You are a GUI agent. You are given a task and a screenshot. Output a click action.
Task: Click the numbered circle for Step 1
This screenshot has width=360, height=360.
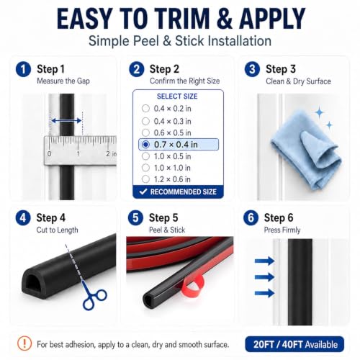click(x=23, y=69)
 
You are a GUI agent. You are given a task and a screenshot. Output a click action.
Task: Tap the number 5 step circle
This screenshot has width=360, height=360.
click(x=135, y=218)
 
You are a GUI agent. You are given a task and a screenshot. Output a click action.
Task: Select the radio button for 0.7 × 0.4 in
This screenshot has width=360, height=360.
click(x=145, y=145)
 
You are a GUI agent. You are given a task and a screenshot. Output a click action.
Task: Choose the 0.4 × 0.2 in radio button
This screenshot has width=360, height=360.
click(x=145, y=109)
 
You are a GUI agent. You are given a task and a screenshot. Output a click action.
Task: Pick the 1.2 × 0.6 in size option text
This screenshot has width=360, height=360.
click(x=172, y=179)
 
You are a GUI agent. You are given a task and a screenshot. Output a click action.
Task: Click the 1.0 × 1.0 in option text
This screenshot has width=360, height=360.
click(x=172, y=168)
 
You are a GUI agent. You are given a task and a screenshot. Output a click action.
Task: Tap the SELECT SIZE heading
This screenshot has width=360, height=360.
click(x=177, y=96)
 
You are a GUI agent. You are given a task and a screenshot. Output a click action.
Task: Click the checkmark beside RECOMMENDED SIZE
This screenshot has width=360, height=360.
click(x=143, y=192)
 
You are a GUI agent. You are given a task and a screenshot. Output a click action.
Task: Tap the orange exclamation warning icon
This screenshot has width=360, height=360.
click(x=24, y=343)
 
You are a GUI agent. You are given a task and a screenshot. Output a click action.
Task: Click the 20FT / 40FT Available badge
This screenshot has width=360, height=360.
click(x=294, y=344)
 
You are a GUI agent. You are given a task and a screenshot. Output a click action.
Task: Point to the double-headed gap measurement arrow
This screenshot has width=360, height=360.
click(x=66, y=121)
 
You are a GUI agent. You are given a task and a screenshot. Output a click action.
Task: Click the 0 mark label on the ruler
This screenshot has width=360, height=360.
click(x=49, y=153)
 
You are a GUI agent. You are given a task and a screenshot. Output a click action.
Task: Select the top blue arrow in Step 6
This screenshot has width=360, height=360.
click(x=264, y=261)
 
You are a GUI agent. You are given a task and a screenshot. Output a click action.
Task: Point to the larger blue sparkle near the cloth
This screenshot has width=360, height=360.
click(x=320, y=112)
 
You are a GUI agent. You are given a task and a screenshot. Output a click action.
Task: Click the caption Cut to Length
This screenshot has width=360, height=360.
click(x=57, y=230)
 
